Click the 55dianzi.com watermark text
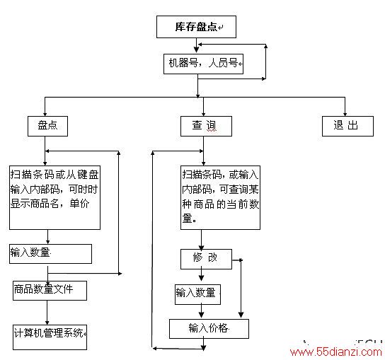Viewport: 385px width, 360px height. (x=336, y=352)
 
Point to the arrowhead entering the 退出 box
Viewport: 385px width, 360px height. (x=345, y=114)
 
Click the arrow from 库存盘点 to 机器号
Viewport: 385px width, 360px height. (x=196, y=45)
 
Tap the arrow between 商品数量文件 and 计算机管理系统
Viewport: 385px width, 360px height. (x=47, y=313)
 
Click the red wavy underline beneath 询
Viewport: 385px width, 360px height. (x=212, y=131)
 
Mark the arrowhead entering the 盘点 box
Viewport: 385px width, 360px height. (x=45, y=114)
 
